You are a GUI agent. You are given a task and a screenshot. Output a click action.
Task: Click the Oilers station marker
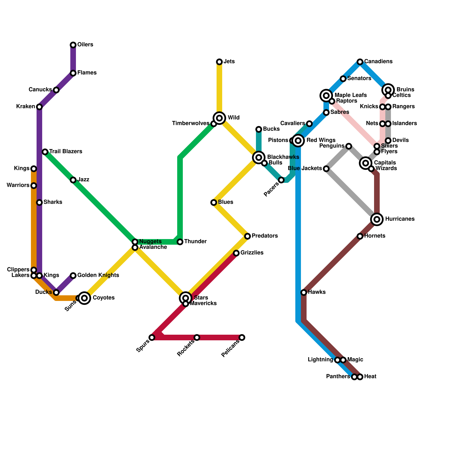click(x=73, y=45)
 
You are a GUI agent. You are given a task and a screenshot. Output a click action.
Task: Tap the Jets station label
click(x=229, y=62)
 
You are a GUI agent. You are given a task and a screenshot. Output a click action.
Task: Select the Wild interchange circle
click(x=219, y=118)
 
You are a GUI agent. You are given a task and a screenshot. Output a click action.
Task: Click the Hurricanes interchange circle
click(x=377, y=219)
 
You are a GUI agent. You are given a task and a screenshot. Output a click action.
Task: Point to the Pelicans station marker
click(x=242, y=337)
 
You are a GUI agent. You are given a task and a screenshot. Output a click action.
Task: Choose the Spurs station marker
click(x=152, y=337)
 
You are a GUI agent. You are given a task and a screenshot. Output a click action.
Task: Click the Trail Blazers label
click(x=66, y=152)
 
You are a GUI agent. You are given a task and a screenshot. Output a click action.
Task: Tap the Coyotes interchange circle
click(x=84, y=298)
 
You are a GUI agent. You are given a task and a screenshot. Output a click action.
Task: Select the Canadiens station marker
click(x=360, y=62)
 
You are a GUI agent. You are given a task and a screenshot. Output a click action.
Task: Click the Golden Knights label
click(x=98, y=275)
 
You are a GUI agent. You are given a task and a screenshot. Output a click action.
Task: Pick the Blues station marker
click(x=214, y=202)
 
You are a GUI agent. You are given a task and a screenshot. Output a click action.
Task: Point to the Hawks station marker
click(x=304, y=292)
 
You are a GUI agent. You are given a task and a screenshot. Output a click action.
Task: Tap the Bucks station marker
click(x=259, y=129)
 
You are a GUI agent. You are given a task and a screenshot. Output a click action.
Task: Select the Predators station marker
click(x=247, y=236)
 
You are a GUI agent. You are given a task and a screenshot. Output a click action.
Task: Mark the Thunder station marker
click(x=180, y=242)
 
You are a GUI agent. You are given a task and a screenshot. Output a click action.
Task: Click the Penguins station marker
click(x=349, y=146)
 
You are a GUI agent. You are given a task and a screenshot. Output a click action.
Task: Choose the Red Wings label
click(x=321, y=140)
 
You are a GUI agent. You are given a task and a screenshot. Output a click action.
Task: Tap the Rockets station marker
click(x=197, y=337)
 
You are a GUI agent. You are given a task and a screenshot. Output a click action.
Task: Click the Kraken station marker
click(x=39, y=107)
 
